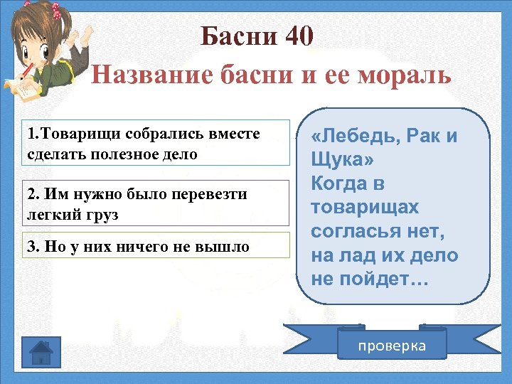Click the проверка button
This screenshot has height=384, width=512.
pyautogui.click(x=392, y=346)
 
